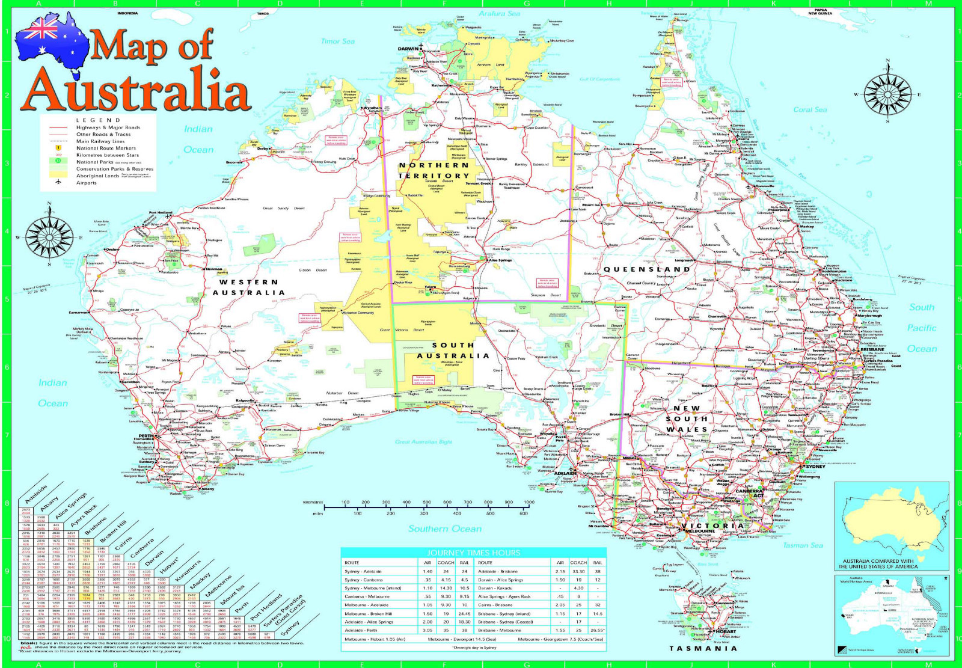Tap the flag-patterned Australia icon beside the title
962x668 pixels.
tap(51, 40)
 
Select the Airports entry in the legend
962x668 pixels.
tap(86, 183)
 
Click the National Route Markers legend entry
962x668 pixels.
tap(106, 148)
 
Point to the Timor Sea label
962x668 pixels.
tap(337, 41)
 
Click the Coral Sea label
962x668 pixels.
tap(810, 109)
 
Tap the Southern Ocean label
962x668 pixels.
tap(445, 529)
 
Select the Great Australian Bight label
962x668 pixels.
tap(423, 442)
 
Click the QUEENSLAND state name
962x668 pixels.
tap(647, 269)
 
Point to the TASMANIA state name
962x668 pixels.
tap(703, 648)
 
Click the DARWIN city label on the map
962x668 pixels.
tap(408, 49)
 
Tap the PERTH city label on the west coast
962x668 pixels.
tap(146, 436)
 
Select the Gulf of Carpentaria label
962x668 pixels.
tap(599, 79)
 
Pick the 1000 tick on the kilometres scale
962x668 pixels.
tap(528, 502)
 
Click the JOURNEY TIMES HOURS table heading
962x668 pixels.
tap(473, 552)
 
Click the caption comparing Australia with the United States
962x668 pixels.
tap(880, 564)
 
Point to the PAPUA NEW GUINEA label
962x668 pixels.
tap(820, 11)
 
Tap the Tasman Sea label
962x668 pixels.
tap(803, 545)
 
